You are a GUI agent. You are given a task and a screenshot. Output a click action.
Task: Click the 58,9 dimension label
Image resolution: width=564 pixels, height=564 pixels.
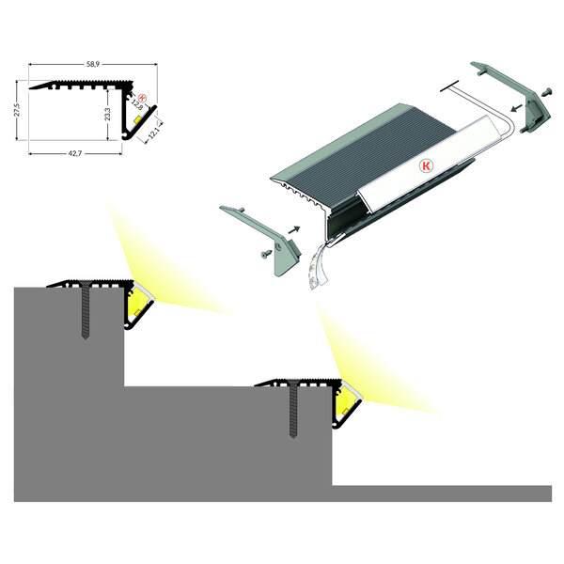[x=92, y=65]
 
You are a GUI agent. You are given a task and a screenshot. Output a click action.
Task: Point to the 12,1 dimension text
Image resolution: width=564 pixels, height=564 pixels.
[x=152, y=132]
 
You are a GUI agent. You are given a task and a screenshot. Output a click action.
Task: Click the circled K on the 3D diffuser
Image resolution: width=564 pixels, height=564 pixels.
[x=425, y=164]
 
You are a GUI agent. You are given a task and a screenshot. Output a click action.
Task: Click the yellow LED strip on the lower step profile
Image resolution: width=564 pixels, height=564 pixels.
[x=347, y=406]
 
